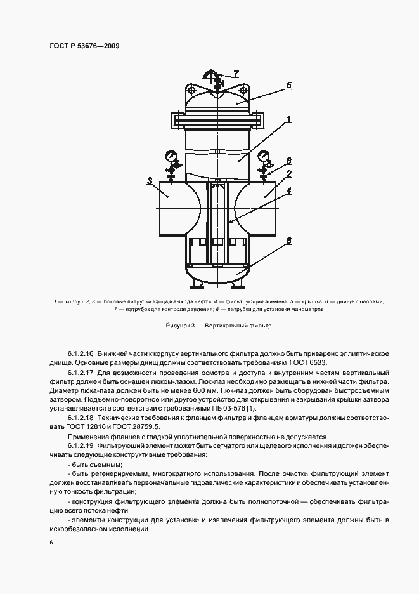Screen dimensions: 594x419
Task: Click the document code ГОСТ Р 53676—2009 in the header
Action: pyautogui.click(x=84, y=46)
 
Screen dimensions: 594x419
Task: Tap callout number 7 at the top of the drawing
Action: pyautogui.click(x=236, y=72)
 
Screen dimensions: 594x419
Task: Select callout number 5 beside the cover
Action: pyautogui.click(x=288, y=84)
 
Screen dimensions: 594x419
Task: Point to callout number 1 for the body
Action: pyautogui.click(x=288, y=118)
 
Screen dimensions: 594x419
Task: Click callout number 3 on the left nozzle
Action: pyautogui.click(x=150, y=181)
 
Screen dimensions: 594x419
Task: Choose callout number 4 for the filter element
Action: pyautogui.click(x=288, y=189)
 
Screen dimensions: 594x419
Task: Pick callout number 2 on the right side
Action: pyautogui.click(x=288, y=173)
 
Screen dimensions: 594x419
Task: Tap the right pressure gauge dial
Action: pyautogui.click(x=263, y=155)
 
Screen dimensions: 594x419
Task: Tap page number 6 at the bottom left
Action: pyautogui.click(x=51, y=543)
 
